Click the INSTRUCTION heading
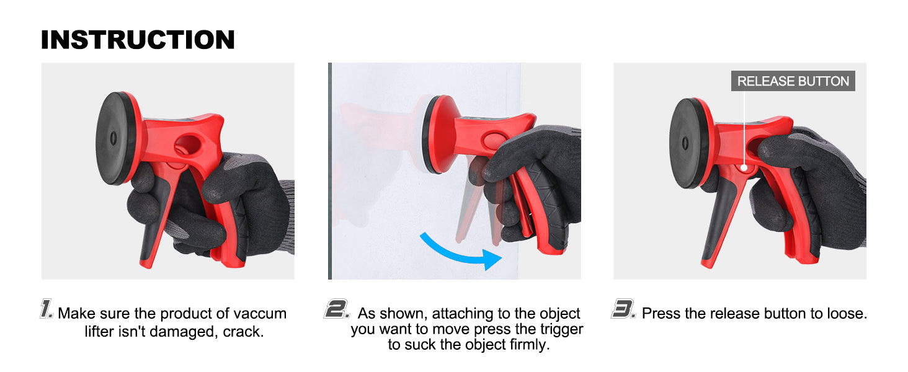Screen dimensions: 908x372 coord(138,40)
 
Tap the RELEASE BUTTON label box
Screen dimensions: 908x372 coord(793,81)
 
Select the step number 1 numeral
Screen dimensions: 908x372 coord(47,309)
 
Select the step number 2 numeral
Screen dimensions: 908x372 coord(336,309)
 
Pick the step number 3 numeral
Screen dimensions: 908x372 coord(623,309)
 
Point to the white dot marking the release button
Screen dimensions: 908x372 coord(744,168)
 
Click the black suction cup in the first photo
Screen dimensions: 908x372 coord(115,139)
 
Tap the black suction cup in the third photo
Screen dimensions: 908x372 coord(687,143)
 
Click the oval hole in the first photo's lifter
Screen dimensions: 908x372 coord(188,144)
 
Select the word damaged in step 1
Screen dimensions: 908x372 coord(185,332)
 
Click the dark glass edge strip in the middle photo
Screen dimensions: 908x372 coord(330,171)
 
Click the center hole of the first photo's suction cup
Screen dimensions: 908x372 coord(113,138)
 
